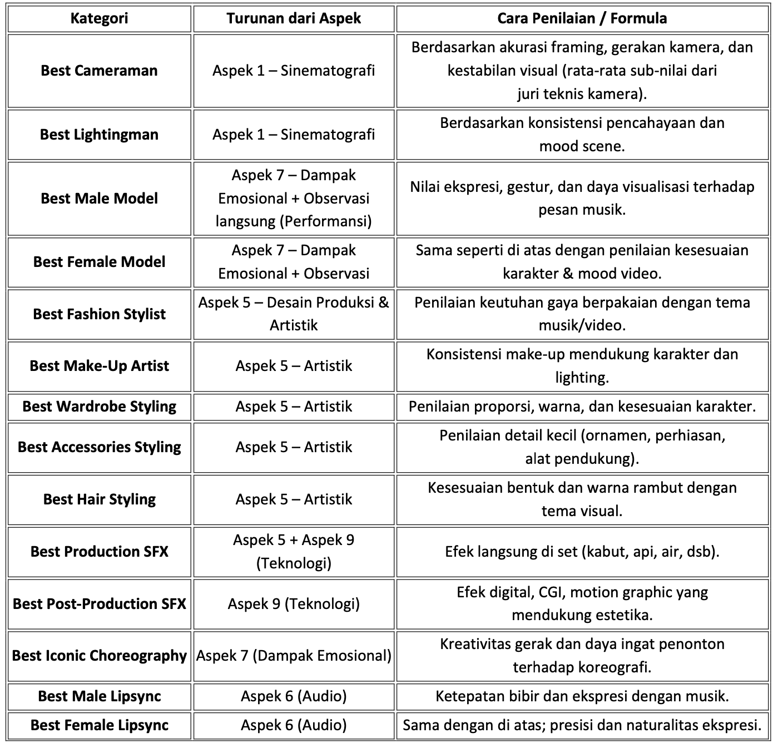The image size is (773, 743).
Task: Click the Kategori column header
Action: (x=99, y=18)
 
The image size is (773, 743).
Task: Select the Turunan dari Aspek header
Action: (x=294, y=18)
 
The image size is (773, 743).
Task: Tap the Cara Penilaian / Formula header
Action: (x=582, y=18)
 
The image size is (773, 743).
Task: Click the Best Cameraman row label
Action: (x=99, y=71)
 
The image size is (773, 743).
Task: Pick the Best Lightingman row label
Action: (x=99, y=135)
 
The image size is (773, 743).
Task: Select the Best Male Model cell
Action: (x=99, y=199)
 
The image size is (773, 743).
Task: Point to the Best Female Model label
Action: (x=99, y=262)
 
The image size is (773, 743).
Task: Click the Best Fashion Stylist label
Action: (x=99, y=314)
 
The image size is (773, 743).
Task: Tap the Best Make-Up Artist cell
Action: (x=99, y=366)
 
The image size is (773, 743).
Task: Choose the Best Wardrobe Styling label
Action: (x=99, y=407)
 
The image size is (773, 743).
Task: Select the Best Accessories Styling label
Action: (x=99, y=447)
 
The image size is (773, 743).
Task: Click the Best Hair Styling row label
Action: (x=99, y=499)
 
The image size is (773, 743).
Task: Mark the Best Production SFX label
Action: (x=99, y=552)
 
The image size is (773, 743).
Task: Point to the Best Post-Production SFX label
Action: (x=99, y=604)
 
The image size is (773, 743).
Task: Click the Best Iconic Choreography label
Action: (x=99, y=656)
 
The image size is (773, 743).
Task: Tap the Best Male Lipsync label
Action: (x=99, y=696)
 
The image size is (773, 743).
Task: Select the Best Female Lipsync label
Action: (x=99, y=725)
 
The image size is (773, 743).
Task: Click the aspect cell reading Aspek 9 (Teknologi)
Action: (x=294, y=604)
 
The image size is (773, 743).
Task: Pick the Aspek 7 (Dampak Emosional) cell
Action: (x=294, y=656)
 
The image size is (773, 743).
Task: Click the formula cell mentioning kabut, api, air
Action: (x=582, y=552)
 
